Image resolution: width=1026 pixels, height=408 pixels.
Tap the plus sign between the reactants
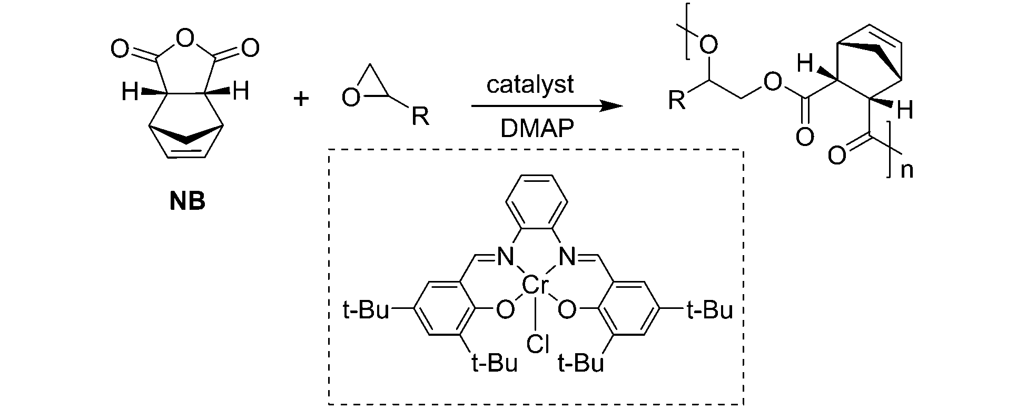(x=301, y=98)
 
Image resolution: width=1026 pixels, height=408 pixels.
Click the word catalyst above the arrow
(x=530, y=85)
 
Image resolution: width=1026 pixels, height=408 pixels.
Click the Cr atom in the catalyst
(x=536, y=286)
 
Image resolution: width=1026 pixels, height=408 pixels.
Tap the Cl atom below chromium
(x=538, y=345)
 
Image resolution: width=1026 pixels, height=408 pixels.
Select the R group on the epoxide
(x=420, y=117)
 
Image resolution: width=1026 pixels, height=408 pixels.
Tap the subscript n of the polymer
(x=906, y=171)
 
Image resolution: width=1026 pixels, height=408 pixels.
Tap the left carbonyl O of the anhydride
(x=120, y=50)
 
